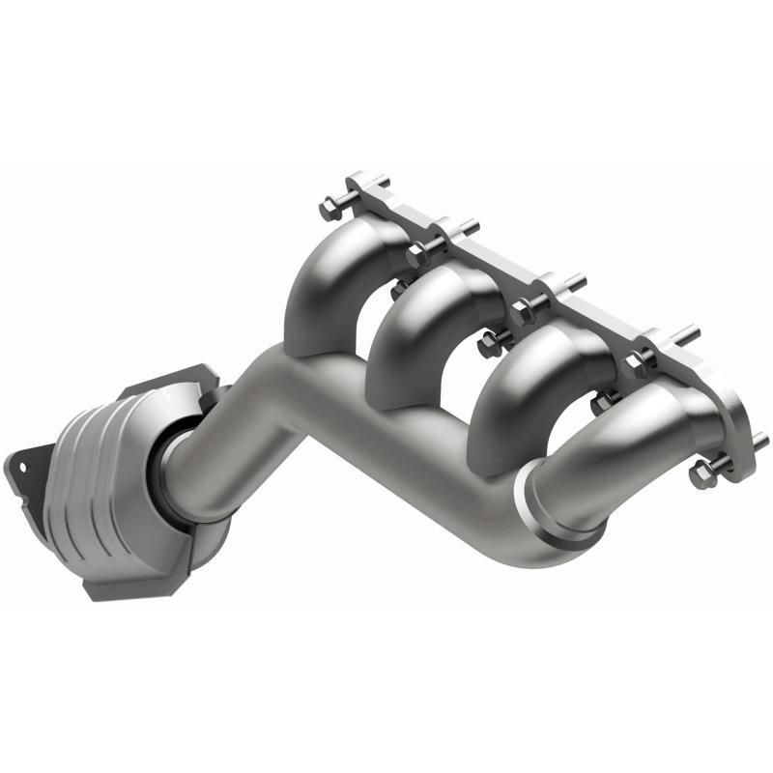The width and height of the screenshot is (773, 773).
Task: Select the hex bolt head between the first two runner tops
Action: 418,255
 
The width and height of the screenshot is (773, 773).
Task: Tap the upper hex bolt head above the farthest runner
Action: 638,363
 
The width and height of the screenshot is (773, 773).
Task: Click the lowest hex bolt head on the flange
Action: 701,474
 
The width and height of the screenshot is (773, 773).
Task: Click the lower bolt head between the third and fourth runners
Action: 606,400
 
